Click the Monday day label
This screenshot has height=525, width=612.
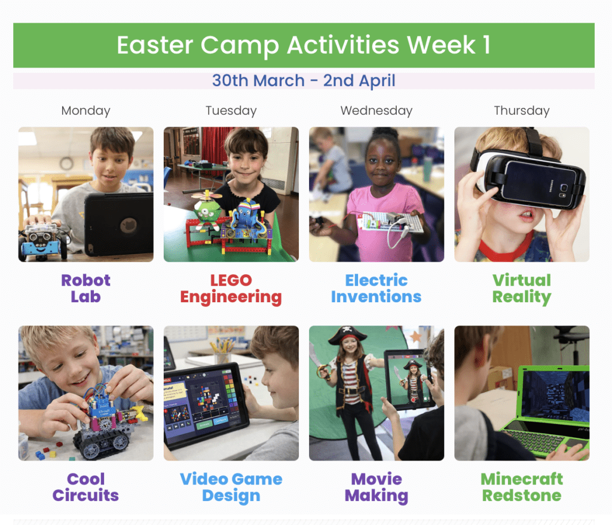(x=85, y=110)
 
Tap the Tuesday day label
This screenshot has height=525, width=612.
(x=231, y=110)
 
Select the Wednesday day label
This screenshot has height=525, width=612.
(x=377, y=110)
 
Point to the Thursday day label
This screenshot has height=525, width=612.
(x=521, y=110)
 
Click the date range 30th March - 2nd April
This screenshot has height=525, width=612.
(x=304, y=81)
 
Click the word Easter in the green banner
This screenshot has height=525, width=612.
(x=155, y=45)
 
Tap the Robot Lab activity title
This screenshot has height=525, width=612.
(x=85, y=288)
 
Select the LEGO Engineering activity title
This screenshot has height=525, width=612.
(x=231, y=289)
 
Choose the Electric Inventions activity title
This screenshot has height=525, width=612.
(x=377, y=288)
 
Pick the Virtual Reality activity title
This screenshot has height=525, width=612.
(x=521, y=289)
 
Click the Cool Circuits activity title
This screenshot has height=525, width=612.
(x=85, y=487)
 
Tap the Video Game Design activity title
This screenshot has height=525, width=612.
(x=231, y=488)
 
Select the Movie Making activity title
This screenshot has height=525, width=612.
(x=377, y=488)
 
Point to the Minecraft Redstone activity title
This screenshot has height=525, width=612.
(x=521, y=487)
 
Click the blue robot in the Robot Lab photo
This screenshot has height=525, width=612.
(x=41, y=240)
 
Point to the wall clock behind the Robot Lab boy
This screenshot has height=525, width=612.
(x=66, y=163)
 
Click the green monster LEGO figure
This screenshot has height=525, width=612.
(x=207, y=211)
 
